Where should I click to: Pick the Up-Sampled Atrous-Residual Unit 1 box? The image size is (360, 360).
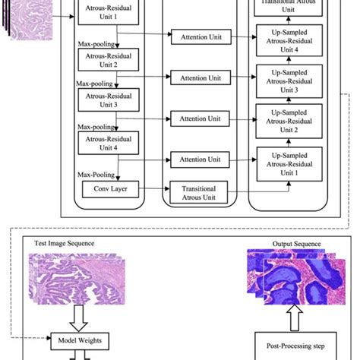tap(292, 165)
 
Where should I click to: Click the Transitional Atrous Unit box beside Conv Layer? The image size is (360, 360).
tap(199, 191)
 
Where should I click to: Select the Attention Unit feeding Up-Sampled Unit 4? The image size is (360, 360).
tap(199, 37)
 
